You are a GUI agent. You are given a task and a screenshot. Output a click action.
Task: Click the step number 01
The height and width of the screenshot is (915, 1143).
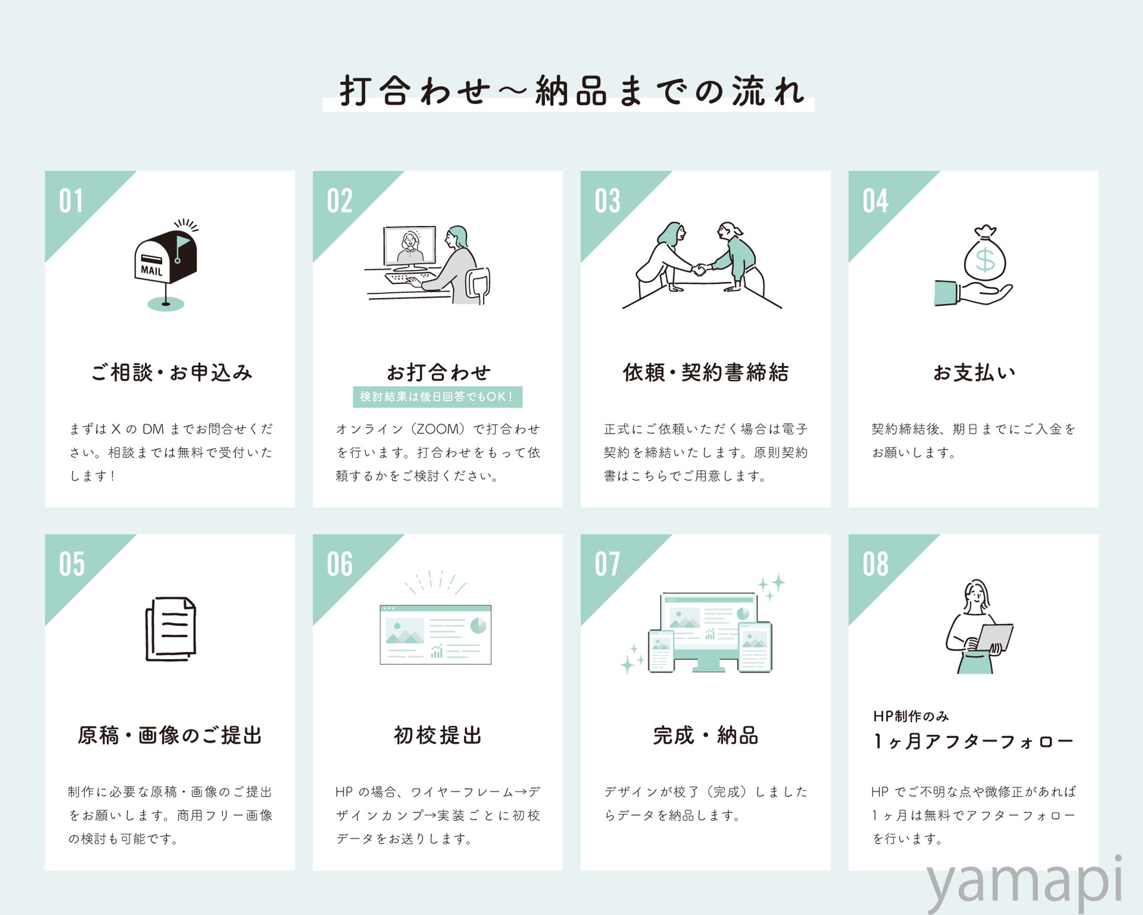[x=71, y=201]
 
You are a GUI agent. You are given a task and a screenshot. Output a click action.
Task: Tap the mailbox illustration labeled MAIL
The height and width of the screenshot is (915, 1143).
[x=165, y=260]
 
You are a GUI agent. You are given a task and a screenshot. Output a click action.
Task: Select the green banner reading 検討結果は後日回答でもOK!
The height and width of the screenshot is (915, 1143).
[x=438, y=397]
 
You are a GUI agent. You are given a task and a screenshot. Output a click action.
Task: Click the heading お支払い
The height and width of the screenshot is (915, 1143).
[x=974, y=373]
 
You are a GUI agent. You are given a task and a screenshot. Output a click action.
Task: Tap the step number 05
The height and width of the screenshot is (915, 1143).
[x=72, y=564]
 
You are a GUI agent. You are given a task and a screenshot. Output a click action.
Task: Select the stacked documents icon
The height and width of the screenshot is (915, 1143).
[x=171, y=629]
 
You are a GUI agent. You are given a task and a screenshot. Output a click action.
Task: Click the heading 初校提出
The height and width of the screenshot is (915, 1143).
[x=438, y=736]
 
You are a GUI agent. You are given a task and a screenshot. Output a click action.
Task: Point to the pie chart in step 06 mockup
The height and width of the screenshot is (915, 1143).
[x=478, y=626]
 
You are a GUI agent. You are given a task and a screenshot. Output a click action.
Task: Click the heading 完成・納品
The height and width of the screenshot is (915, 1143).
[x=705, y=736]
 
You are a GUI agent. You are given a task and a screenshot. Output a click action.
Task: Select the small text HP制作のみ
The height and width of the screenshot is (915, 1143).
[x=911, y=716]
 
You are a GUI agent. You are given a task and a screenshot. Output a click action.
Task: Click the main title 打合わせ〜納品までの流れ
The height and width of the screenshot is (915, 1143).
[x=571, y=91]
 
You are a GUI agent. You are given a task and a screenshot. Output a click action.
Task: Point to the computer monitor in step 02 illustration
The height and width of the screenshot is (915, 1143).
[x=410, y=246]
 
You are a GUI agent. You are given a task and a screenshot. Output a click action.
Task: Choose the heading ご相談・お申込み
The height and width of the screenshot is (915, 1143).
[x=171, y=373]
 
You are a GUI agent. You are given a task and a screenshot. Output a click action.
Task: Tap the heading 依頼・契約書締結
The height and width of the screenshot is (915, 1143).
[x=705, y=373]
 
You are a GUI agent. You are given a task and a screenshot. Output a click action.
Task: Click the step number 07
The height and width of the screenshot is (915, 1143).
[x=608, y=564]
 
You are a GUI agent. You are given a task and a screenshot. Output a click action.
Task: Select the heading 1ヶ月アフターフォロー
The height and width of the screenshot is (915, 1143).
[x=973, y=741]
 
